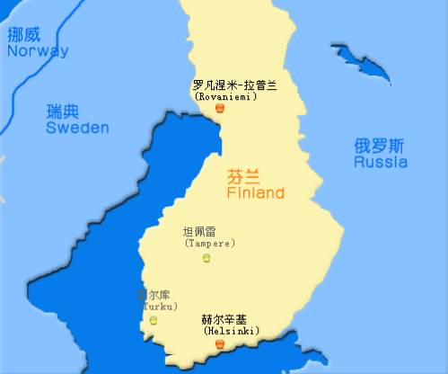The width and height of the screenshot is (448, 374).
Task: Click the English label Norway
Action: tap(37, 51)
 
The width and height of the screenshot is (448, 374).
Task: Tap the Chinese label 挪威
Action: tap(24, 35)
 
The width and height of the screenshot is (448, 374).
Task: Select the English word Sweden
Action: tap(77, 129)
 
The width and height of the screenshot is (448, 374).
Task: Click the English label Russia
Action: tap(380, 163)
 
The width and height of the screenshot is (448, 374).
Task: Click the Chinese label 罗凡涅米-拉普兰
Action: tap(235, 85)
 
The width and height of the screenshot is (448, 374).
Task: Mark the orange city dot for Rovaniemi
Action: tap(220, 108)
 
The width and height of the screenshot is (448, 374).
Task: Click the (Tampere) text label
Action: tap(209, 244)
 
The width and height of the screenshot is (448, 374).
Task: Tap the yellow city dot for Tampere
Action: tap(208, 258)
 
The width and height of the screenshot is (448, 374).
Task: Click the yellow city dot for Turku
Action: tap(154, 320)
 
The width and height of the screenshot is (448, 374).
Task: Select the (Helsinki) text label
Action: tap(226, 331)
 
